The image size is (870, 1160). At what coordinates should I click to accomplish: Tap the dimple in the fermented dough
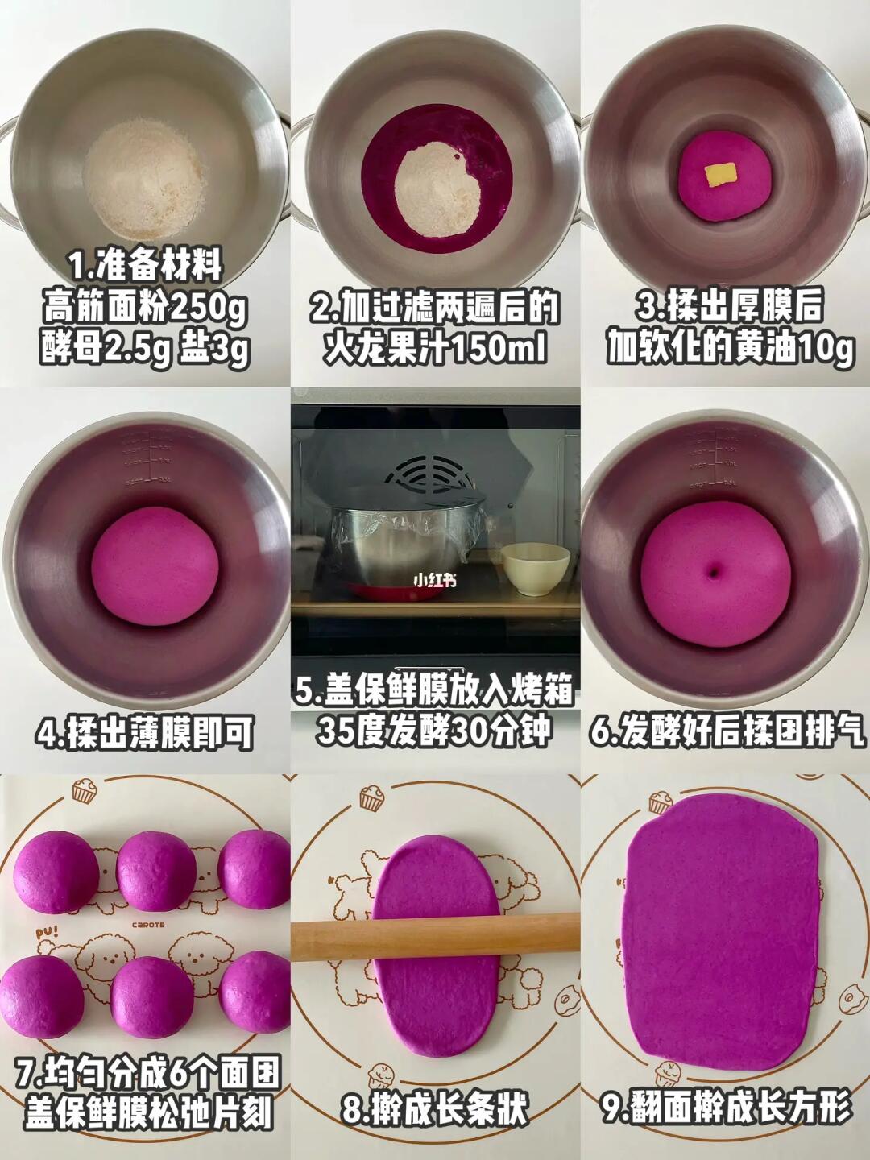pos(716,571)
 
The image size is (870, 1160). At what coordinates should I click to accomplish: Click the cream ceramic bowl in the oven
pos(535,570)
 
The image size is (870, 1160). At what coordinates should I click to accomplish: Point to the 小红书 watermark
pos(435,580)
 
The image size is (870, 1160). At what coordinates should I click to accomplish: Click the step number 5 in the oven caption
pos(304,689)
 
